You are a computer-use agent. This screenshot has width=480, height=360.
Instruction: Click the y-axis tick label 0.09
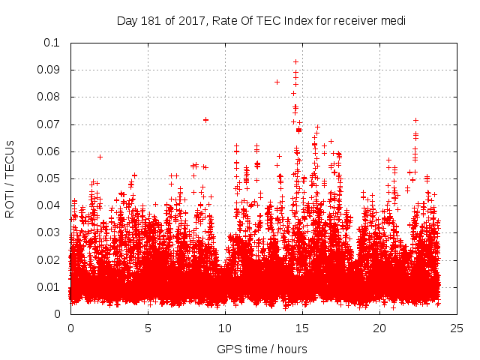50,70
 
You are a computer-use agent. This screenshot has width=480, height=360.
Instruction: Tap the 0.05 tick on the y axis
50,178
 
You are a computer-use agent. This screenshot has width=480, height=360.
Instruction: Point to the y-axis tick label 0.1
53,43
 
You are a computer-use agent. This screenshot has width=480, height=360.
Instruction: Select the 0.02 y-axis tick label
50,260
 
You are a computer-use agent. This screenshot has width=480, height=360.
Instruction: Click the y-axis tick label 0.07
50,124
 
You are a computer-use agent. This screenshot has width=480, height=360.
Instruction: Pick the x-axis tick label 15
301,328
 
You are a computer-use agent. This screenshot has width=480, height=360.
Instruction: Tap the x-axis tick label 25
457,328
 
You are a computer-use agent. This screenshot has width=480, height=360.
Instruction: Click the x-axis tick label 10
225,328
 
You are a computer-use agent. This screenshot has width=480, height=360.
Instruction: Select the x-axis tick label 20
379,328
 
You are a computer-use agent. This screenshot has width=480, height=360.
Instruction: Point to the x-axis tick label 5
148,328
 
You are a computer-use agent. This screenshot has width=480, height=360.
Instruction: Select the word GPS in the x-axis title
227,349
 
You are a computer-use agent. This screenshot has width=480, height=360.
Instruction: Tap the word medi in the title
394,20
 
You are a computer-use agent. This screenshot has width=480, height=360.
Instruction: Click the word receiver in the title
354,20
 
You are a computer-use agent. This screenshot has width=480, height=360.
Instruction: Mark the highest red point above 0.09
295,61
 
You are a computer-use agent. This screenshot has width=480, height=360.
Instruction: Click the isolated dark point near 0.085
277,82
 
